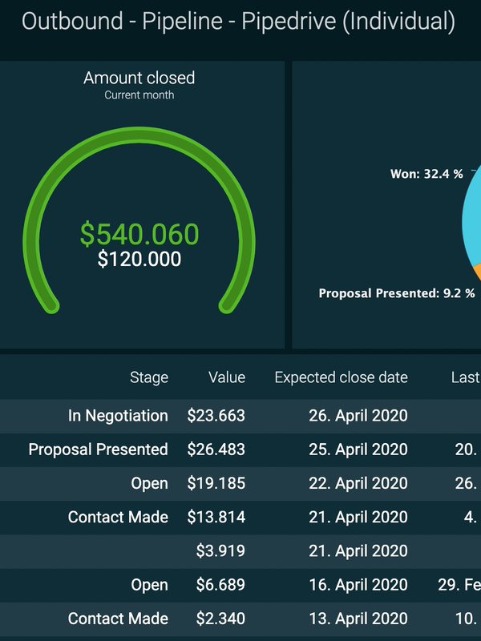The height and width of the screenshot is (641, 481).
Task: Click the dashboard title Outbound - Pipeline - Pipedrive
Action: pyautogui.click(x=238, y=22)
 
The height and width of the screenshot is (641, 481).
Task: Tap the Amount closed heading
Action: pyautogui.click(x=139, y=78)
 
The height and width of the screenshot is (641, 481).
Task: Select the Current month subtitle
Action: pyautogui.click(x=139, y=95)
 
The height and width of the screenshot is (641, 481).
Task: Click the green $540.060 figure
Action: pyautogui.click(x=139, y=234)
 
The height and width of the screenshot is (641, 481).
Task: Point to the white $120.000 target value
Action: pyautogui.click(x=139, y=260)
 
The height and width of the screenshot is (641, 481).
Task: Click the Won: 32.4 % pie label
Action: pyautogui.click(x=426, y=174)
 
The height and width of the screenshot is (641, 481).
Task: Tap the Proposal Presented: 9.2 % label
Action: pyautogui.click(x=397, y=293)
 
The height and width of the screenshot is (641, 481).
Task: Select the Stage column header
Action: pyautogui.click(x=149, y=377)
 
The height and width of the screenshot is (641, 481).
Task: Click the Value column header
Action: pyautogui.click(x=227, y=377)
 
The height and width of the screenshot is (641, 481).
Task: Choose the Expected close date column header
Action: pyautogui.click(x=341, y=377)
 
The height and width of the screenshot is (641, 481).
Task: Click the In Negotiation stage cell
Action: pyautogui.click(x=118, y=416)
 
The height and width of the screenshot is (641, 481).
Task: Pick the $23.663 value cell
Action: pyautogui.click(x=216, y=416)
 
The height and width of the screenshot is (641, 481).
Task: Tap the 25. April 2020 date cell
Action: pyautogui.click(x=358, y=450)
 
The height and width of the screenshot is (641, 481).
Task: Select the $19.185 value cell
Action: pyautogui.click(x=216, y=483)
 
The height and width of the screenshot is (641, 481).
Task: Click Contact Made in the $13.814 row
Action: pyautogui.click(x=118, y=517)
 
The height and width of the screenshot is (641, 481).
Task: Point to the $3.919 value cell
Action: pyautogui.click(x=221, y=550)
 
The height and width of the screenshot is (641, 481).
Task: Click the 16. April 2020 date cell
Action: pyautogui.click(x=358, y=585)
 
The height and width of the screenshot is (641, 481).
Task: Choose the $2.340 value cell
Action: pyautogui.click(x=221, y=619)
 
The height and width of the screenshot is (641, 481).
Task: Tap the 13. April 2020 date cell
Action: pyautogui.click(x=358, y=619)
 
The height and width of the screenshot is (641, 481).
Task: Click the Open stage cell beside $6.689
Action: pyautogui.click(x=150, y=585)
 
